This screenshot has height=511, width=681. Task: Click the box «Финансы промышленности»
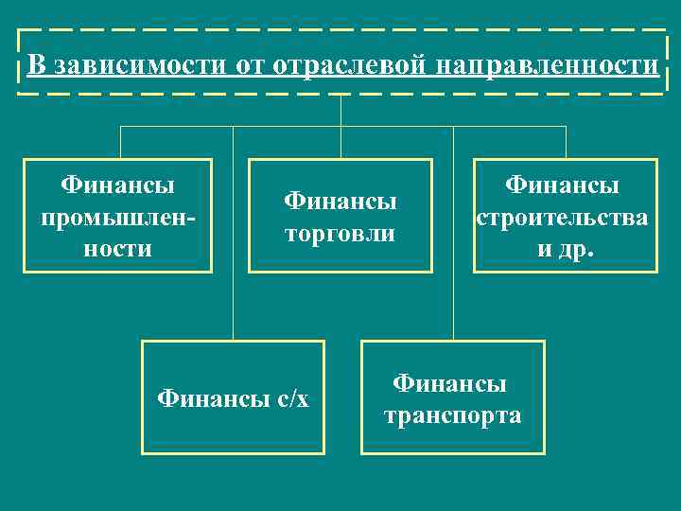coord(118,216)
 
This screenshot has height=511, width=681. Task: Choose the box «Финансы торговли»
coord(340,216)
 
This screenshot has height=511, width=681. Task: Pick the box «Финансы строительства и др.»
coord(562,216)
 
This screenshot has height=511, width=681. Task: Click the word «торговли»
coord(340,233)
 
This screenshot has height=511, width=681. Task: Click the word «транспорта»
coord(452,415)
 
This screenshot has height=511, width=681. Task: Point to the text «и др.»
coord(562,251)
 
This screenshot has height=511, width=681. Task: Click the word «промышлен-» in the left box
coord(118,217)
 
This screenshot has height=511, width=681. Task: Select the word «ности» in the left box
coord(118,249)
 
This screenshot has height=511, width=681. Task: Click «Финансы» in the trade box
coord(340,201)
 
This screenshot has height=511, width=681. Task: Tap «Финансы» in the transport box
coord(450,383)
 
